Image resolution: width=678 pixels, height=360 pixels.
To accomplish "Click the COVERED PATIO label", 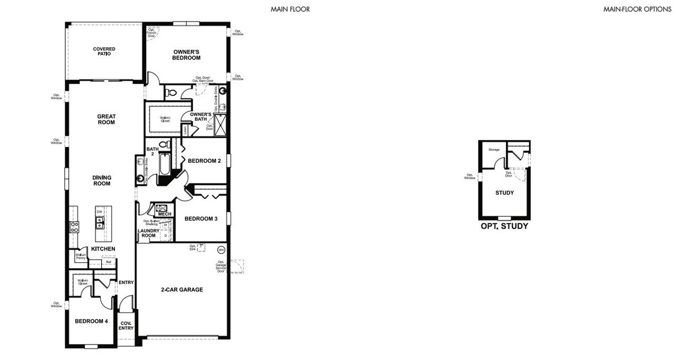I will pyautogui.click(x=104, y=51).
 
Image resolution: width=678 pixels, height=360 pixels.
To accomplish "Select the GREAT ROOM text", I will pyautogui.click(x=106, y=119).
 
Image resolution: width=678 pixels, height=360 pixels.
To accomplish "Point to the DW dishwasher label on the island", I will pyautogui.click(x=99, y=212).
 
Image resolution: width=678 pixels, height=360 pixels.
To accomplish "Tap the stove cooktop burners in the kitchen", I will pyautogui.click(x=74, y=227).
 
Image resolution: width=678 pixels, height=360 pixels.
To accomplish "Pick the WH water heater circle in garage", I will pyautogui.click(x=221, y=250).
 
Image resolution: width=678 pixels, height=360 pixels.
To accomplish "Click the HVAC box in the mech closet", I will pyautogui.click(x=161, y=208).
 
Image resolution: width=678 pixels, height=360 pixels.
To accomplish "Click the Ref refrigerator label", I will pyautogui.click(x=109, y=261).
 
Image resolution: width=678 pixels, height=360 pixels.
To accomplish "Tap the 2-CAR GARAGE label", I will pyautogui.click(x=182, y=289).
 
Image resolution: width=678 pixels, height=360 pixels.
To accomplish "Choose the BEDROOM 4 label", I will pyautogui.click(x=91, y=321).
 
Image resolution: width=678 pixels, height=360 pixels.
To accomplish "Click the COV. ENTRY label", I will pyautogui.click(x=126, y=326).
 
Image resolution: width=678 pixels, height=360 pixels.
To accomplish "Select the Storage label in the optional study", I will pyautogui.click(x=494, y=150).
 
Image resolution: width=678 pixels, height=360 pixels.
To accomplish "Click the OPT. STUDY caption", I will pyautogui.click(x=504, y=226).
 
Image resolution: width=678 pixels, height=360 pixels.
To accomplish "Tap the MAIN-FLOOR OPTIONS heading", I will pyautogui.click(x=637, y=9).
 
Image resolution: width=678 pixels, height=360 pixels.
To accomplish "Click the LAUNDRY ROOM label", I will pyautogui.click(x=148, y=233).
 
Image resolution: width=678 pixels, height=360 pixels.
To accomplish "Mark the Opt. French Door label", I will pyautogui.click(x=151, y=34).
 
